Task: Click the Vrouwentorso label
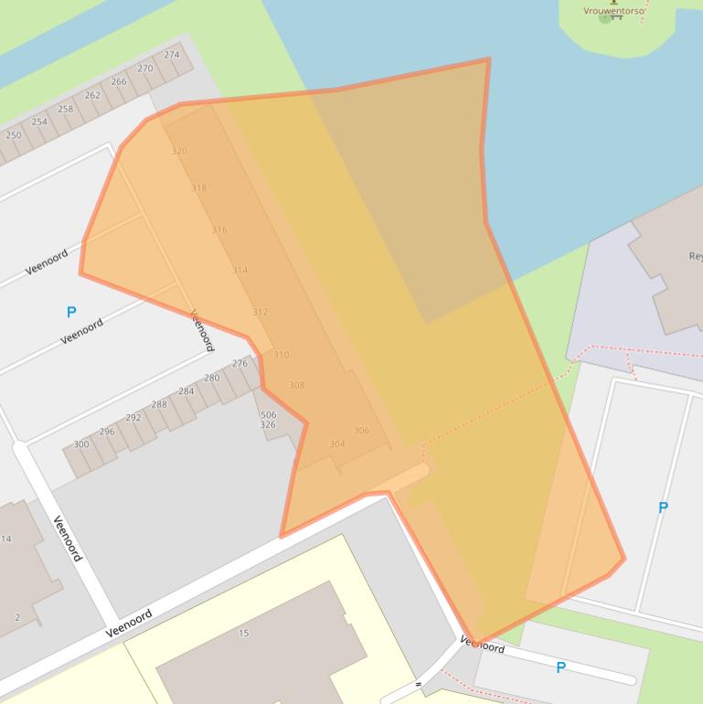click(x=613, y=11)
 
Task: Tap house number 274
click(x=172, y=55)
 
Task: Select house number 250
click(x=14, y=135)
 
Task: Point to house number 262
click(x=92, y=95)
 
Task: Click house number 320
click(x=179, y=151)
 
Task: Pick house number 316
click(x=219, y=229)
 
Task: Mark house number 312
click(x=260, y=312)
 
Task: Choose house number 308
click(x=296, y=385)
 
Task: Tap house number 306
click(x=361, y=431)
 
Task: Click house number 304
click(x=337, y=444)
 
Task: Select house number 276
click(x=240, y=363)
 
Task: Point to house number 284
click(x=186, y=391)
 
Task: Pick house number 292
click(x=133, y=418)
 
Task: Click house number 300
click(x=81, y=444)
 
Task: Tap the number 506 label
click(x=268, y=415)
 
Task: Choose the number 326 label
click(x=268, y=425)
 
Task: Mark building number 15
click(x=244, y=633)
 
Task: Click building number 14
click(x=6, y=539)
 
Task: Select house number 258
click(x=66, y=109)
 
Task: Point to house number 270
click(x=145, y=69)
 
